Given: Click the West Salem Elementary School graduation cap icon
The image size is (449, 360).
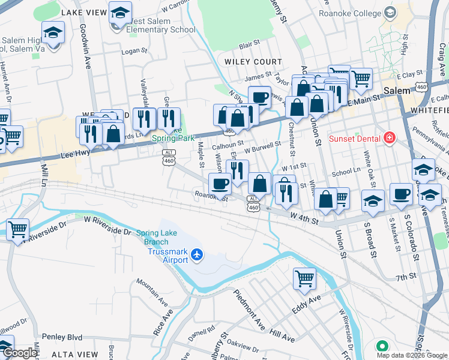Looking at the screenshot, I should coord(120,13).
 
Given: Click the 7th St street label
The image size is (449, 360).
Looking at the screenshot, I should coord(406,277).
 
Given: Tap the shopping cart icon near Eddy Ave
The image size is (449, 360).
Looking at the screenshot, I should coord(304,278).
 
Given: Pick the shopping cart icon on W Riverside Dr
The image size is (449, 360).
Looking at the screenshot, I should coord(17,229).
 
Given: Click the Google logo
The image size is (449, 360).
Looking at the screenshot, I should coord(19,353).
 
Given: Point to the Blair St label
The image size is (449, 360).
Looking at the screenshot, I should coord(249,44).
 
